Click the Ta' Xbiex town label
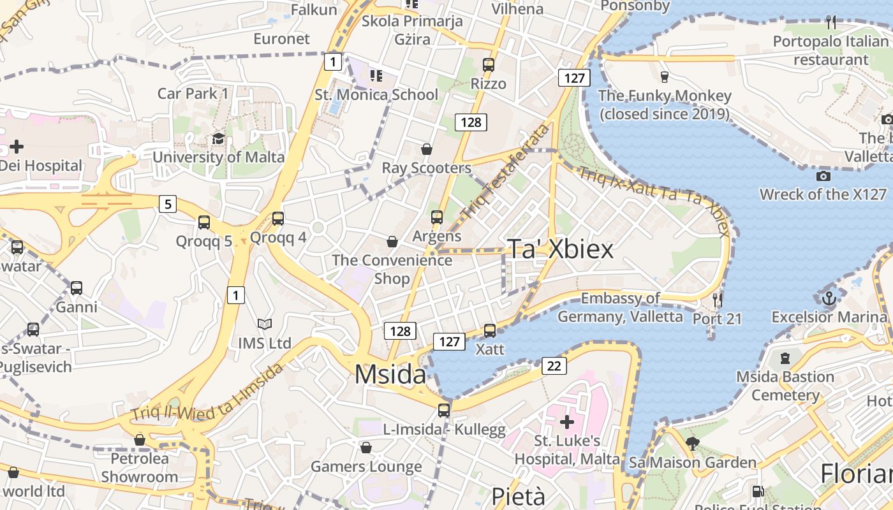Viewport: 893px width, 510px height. click(560, 249)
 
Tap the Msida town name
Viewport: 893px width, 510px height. click(390, 374)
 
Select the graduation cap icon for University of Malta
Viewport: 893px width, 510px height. click(218, 139)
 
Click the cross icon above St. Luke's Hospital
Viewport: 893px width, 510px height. click(566, 421)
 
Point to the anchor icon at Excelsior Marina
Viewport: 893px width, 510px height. click(829, 298)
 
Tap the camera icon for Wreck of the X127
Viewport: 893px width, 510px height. click(823, 176)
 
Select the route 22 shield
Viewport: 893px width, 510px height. click(554, 366)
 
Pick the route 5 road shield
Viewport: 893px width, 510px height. click(167, 204)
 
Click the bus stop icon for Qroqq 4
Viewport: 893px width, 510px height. click(277, 219)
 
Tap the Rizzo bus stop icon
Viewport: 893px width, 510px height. click(488, 64)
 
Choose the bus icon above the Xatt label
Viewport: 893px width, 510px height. click(489, 330)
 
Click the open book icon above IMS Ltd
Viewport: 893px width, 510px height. click(264, 324)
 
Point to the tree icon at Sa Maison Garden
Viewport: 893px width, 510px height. click(692, 443)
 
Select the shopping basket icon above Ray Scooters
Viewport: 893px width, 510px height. click(426, 149)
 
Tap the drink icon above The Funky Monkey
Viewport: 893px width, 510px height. click(665, 76)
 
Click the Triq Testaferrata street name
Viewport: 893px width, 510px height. click(507, 171)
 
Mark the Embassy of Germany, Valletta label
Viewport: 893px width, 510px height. click(620, 307)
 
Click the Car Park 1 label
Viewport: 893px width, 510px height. click(193, 94)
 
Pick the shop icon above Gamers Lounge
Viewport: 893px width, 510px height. click(366, 448)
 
